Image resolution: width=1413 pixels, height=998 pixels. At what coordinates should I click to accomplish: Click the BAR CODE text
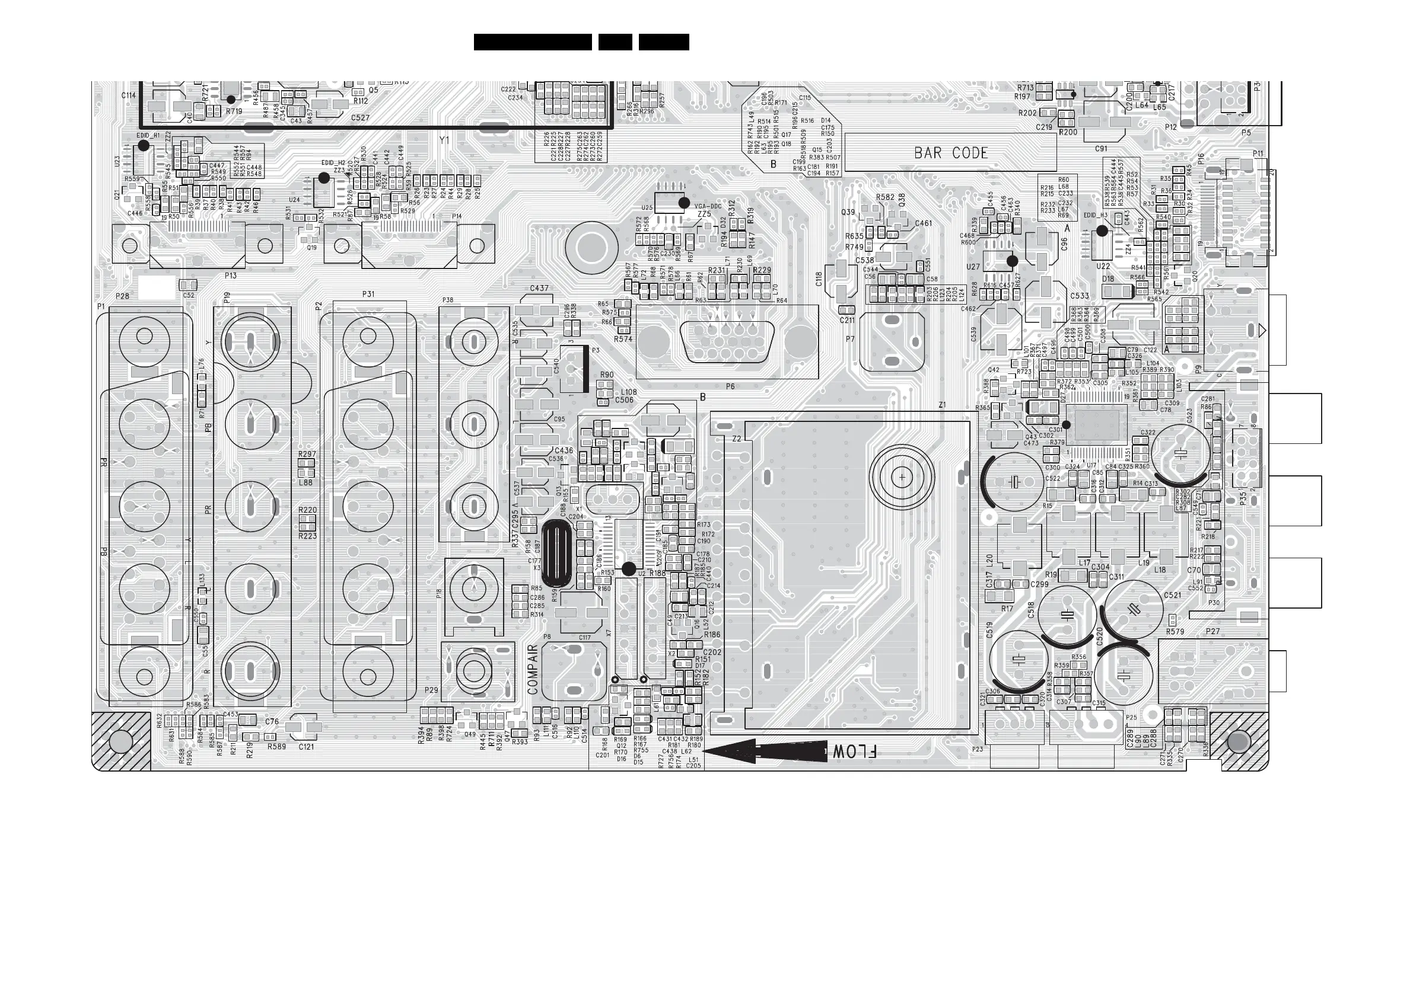pos(951,152)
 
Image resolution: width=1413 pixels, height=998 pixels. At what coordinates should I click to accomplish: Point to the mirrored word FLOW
pos(854,751)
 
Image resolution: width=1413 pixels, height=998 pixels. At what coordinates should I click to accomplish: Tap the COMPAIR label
pos(533,669)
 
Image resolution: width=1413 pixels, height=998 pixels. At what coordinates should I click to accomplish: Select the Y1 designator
pos(444,140)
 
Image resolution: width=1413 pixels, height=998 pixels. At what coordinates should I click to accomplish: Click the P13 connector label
pos(231,276)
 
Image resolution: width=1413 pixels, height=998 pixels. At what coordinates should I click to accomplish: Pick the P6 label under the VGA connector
pos(730,386)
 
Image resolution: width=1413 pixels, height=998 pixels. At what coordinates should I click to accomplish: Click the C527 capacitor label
pos(360,117)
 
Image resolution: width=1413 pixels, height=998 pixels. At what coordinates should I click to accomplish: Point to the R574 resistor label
pos(623,339)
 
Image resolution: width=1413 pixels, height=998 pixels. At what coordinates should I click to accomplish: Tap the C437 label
pos(539,288)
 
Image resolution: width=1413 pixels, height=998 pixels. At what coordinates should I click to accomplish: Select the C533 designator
pos(1080,296)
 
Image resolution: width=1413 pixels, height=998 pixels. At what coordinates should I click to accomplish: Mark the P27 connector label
pos(1212,632)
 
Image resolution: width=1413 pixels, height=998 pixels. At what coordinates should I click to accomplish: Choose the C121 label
pos(306,747)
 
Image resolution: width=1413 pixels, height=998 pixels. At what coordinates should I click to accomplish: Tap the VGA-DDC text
pos(708,207)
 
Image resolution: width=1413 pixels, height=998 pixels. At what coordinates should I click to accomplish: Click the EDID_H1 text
pos(148,135)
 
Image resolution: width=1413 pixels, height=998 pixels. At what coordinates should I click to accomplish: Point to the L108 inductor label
pos(628,392)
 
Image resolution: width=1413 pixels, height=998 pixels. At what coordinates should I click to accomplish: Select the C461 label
pos(923,223)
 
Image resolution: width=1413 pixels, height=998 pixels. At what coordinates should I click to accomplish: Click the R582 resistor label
pos(885,197)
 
